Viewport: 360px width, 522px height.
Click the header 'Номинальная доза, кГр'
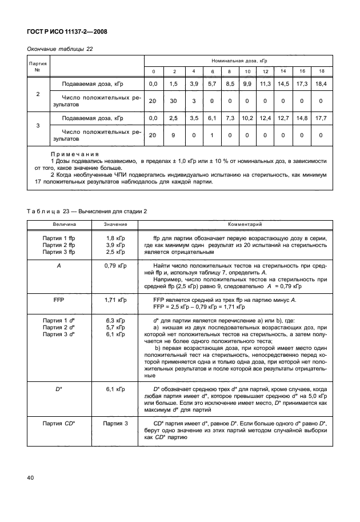[x=235, y=60]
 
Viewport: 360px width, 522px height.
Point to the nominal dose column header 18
[x=321, y=71]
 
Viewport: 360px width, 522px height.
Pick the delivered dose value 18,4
[x=321, y=84]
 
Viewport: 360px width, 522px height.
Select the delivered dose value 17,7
[x=321, y=118]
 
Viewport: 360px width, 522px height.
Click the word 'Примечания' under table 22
[x=74, y=154]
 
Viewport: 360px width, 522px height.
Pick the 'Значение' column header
[x=115, y=225]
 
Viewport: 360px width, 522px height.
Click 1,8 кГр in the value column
[x=115, y=237]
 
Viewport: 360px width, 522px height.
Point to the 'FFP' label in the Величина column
[x=58, y=299]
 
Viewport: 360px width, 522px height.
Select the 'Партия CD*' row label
[x=58, y=423]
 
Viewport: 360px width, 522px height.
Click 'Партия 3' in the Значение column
[x=115, y=423]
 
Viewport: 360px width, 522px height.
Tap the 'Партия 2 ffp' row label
[x=58, y=244]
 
